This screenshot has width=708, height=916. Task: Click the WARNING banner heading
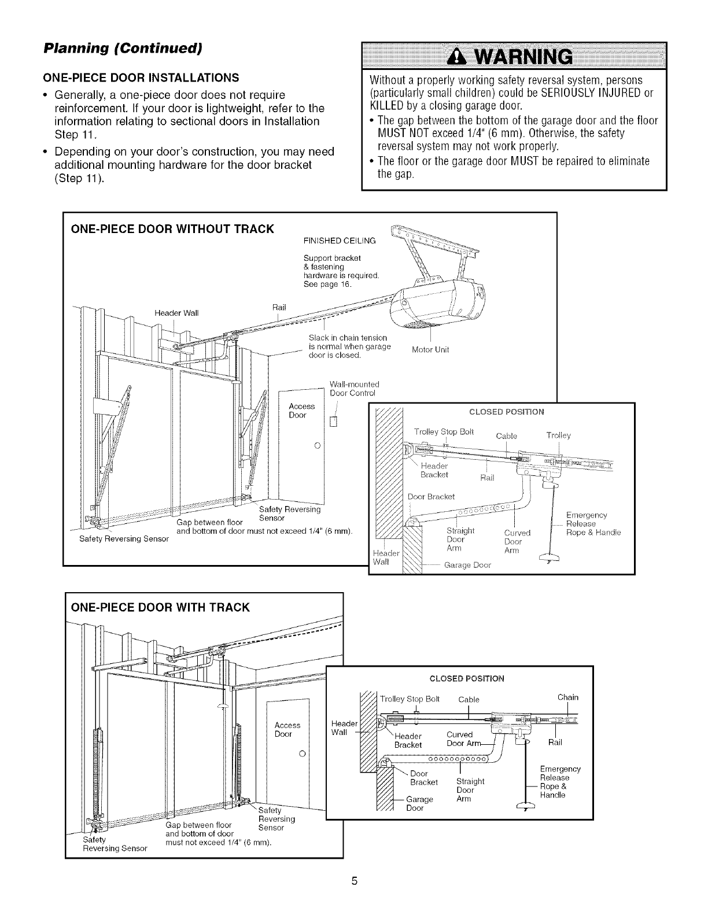[x=514, y=58]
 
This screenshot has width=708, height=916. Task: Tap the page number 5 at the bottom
[x=355, y=881]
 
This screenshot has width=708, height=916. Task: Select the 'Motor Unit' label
[x=430, y=350]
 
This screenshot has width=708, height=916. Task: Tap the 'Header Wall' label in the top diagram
[x=176, y=313]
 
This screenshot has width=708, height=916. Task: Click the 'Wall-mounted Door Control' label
[x=353, y=389]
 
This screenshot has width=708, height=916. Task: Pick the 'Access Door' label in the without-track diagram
[x=301, y=411]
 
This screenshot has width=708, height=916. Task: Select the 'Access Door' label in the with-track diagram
[x=287, y=729]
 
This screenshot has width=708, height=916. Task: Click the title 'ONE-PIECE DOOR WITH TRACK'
[x=160, y=607]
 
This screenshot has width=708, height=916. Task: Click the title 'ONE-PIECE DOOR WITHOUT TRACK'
[x=172, y=228]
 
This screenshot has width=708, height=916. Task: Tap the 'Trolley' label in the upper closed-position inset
[x=558, y=435]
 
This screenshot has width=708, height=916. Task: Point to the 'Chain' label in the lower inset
[x=567, y=697]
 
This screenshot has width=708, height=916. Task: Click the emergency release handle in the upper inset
[x=546, y=558]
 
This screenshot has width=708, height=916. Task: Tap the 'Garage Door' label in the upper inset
[x=467, y=565]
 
